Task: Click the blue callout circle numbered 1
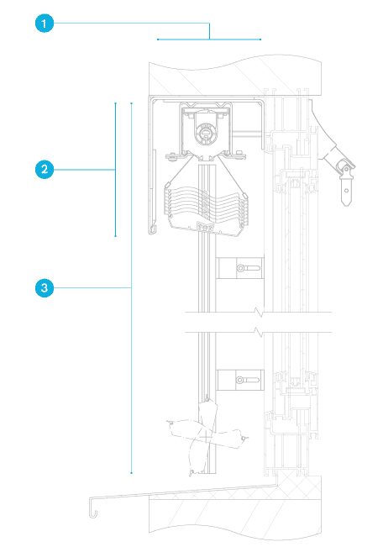45,24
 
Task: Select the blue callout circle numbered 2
45,170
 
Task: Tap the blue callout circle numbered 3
45,288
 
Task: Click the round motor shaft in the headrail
205,133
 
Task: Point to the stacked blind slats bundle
206,203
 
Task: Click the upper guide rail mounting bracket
240,268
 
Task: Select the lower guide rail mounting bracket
240,380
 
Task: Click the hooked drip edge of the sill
92,508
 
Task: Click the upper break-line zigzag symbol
259,312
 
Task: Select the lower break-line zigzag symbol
259,332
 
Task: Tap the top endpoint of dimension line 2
115,103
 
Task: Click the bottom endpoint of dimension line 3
132,473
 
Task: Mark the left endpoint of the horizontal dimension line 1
158,39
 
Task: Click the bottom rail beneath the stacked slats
206,228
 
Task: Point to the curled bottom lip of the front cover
152,229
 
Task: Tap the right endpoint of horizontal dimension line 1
260,39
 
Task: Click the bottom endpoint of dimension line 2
115,236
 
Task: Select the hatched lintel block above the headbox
235,77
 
